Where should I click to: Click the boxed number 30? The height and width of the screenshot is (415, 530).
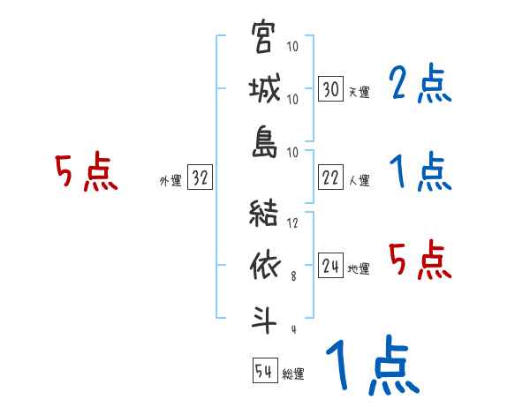point(330,89)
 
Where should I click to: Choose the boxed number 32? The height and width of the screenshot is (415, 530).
point(200,178)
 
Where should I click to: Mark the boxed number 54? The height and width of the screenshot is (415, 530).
point(264,372)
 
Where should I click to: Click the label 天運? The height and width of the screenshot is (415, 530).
point(358,92)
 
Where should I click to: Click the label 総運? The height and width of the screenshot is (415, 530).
point(292,374)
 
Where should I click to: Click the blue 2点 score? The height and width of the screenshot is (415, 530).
point(419,85)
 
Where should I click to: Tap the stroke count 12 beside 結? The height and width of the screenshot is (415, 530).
point(292,223)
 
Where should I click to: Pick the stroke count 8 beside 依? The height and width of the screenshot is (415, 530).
point(293,275)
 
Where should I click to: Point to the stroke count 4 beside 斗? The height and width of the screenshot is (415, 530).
point(293,329)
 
